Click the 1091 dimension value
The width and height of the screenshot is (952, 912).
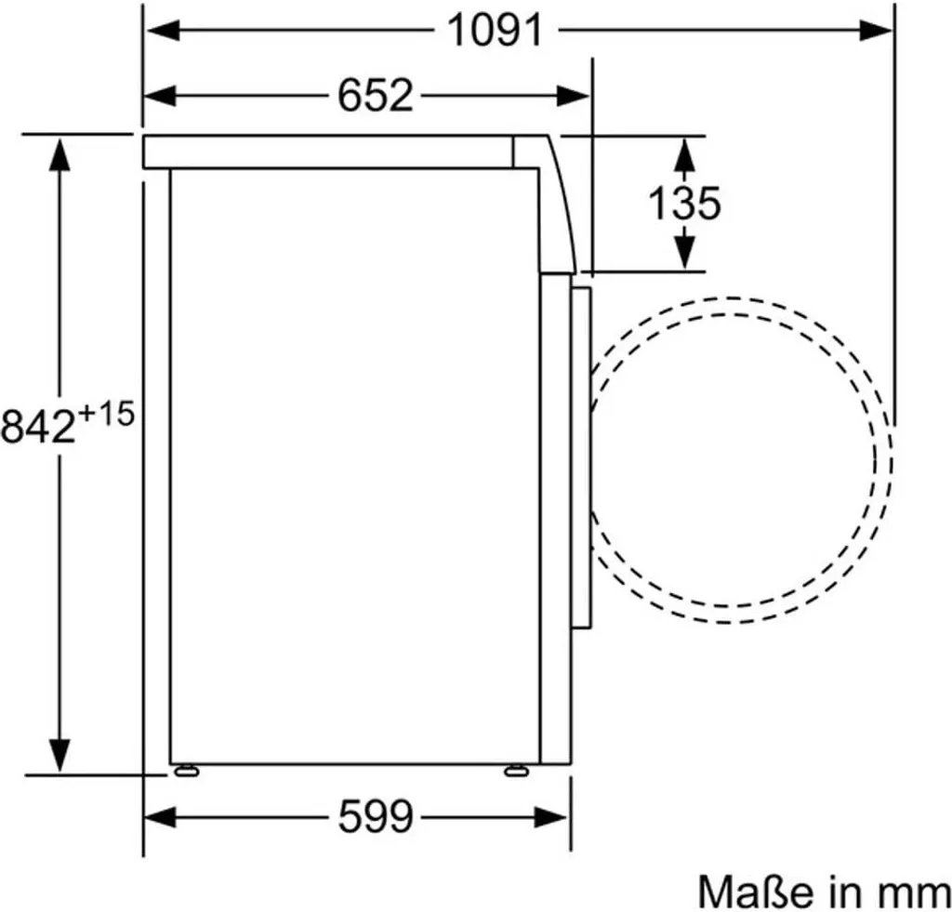[x=495, y=31]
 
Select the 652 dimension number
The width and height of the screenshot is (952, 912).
[x=376, y=96]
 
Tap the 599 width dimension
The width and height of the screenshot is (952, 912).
[x=376, y=816]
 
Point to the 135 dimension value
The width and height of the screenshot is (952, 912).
[x=684, y=203]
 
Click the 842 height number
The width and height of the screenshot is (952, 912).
[x=37, y=425]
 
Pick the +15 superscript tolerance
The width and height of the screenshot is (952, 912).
[x=106, y=416]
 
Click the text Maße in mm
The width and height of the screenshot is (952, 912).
[x=824, y=892]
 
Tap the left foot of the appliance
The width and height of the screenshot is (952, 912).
[x=186, y=770]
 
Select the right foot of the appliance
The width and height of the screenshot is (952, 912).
[x=516, y=770]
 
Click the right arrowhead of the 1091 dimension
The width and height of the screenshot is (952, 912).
[x=876, y=31]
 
